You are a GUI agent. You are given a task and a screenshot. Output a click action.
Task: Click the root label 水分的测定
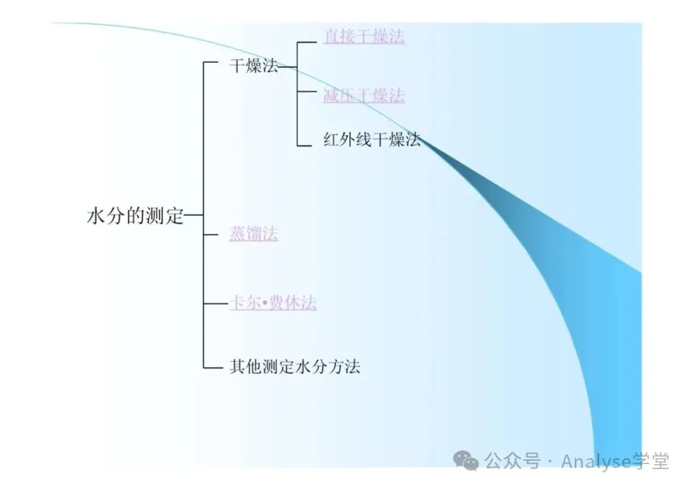click(135, 217)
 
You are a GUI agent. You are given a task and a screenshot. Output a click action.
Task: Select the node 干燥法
click(254, 66)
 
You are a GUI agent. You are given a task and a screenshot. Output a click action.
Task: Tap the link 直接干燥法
click(363, 36)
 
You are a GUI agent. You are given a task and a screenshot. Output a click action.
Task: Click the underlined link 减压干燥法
click(363, 96)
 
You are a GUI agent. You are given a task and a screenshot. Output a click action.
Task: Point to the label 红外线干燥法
click(372, 140)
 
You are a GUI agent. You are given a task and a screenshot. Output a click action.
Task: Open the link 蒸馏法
click(254, 234)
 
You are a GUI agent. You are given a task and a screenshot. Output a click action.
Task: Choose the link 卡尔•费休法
click(272, 303)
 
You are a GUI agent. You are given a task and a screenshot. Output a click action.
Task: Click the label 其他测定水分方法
click(295, 367)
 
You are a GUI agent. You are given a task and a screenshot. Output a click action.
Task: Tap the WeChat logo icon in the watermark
click(466, 460)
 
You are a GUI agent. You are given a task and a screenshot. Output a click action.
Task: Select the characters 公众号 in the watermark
click(513, 460)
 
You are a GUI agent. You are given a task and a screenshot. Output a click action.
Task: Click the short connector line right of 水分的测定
click(194, 217)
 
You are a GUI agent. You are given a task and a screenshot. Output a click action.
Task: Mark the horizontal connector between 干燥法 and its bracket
click(288, 66)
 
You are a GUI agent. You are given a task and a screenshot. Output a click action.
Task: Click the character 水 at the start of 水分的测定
click(95, 217)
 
